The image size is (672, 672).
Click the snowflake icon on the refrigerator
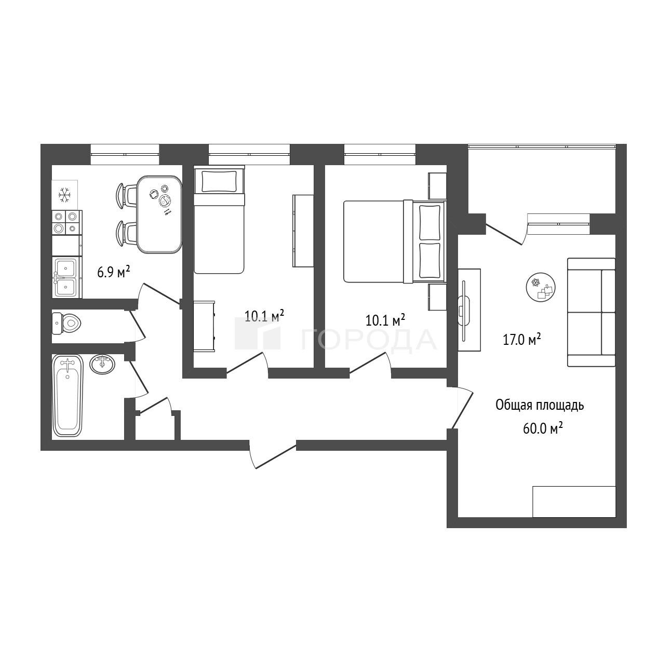coord(64,195)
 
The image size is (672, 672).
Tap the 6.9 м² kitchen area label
coord(114,272)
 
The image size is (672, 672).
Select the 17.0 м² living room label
coord(522,339)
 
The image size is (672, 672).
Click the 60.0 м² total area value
coord(543,428)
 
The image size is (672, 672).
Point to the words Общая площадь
coord(540,406)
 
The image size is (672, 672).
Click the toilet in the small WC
coord(66,323)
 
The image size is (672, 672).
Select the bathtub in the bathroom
coord(68,395)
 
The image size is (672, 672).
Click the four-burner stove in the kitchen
coord(67,222)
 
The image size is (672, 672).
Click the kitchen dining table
coord(159,214)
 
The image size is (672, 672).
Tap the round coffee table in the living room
coord(541,287)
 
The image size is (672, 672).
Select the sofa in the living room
coord(591,312)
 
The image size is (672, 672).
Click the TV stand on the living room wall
coord(469,310)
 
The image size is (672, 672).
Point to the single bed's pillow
coord(219,181)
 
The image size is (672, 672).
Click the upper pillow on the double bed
coord(429,222)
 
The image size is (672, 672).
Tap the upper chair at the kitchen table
coord(127,196)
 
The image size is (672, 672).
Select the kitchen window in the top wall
coord(125,154)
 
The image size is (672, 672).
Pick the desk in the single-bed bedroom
coord(204,327)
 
